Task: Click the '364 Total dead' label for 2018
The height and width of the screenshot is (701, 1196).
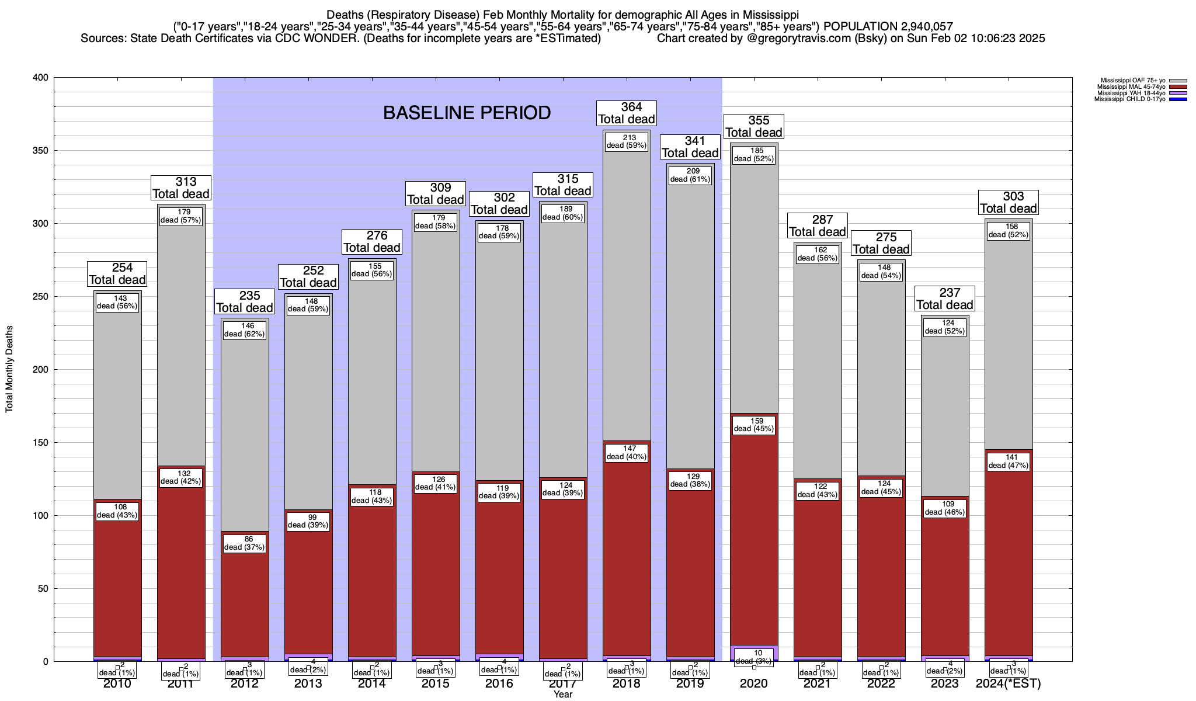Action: point(627,113)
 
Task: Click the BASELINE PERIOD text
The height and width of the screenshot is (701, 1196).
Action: point(467,113)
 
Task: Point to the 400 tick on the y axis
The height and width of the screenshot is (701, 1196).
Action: point(41,78)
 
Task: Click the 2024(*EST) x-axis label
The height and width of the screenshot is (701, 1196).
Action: point(1009,683)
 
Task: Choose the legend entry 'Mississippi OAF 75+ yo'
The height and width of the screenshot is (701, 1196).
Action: point(1132,81)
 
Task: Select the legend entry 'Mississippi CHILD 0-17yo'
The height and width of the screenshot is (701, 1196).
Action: point(1129,99)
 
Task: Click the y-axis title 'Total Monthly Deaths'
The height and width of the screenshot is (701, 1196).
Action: point(9,369)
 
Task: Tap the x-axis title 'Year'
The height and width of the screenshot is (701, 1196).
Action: point(563,695)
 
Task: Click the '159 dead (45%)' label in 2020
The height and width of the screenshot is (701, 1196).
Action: point(754,425)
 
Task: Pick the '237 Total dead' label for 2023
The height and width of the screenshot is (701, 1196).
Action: point(945,299)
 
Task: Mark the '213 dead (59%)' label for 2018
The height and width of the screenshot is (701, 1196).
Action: point(627,142)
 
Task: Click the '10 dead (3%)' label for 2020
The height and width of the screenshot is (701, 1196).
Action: point(754,657)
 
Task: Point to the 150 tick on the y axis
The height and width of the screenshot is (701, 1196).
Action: point(41,443)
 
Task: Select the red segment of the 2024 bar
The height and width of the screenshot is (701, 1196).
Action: point(1009,555)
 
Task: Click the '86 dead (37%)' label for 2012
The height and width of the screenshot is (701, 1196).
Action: point(245,543)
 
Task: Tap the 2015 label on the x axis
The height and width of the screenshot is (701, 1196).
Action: point(436,683)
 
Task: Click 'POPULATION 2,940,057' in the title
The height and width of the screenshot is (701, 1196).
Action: point(888,26)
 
